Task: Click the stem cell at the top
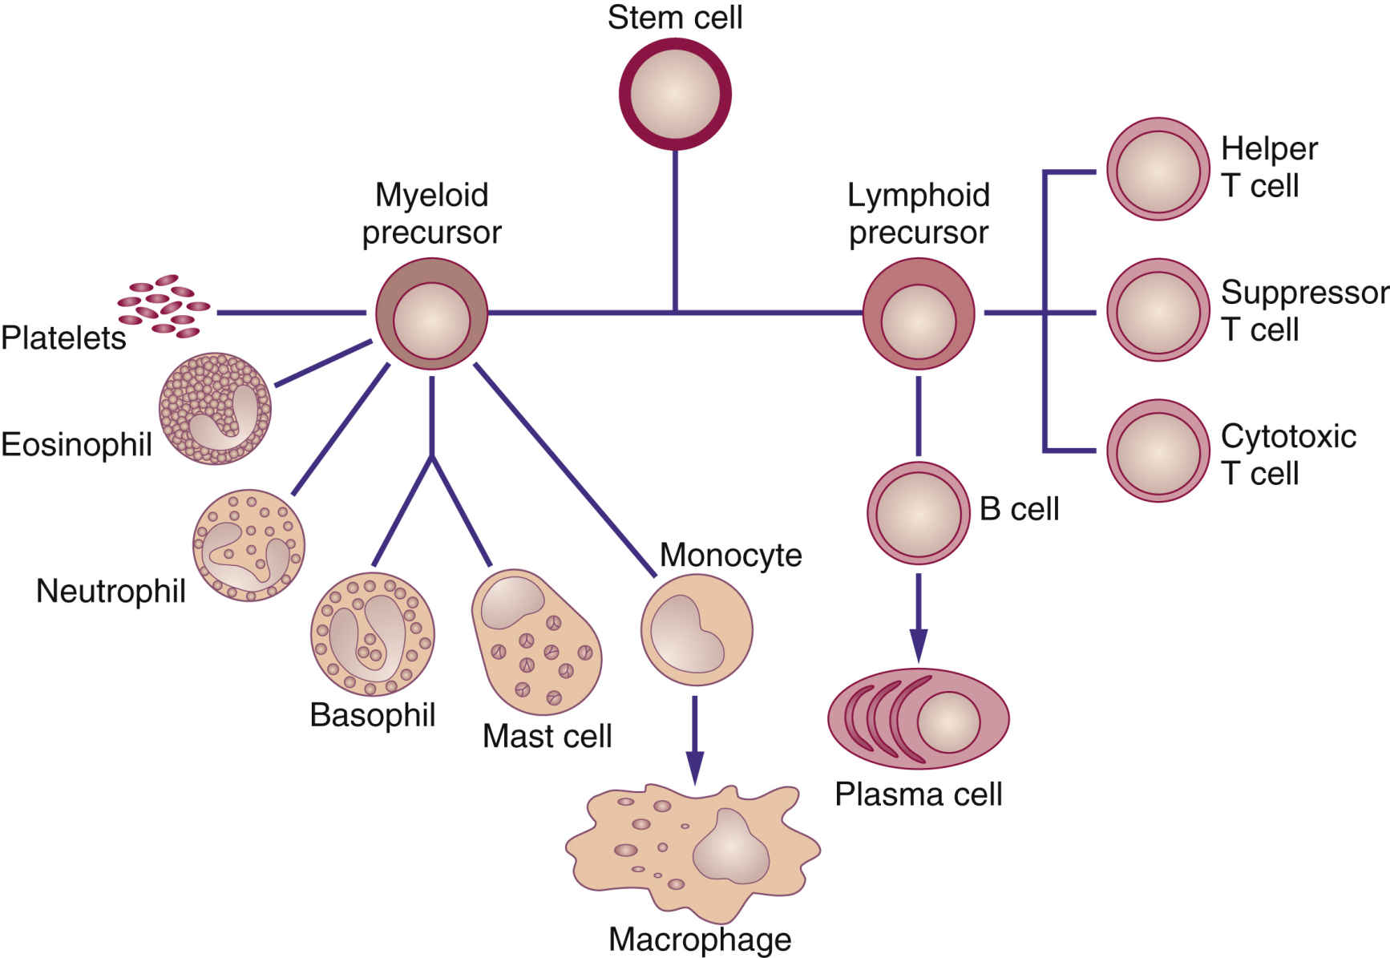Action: click(675, 94)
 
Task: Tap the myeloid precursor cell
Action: click(431, 313)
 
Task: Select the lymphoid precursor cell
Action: click(919, 313)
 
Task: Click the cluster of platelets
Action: click(164, 305)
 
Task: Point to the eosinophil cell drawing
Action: click(215, 409)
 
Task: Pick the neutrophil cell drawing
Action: click(249, 545)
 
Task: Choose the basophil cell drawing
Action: click(372, 634)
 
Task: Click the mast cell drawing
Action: click(535, 641)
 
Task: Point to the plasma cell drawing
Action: click(919, 719)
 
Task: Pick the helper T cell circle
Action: click(1158, 169)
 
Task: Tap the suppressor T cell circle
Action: click(1158, 309)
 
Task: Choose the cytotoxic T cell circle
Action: click(1158, 451)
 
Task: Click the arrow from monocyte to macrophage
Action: click(695, 738)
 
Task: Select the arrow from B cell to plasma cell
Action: click(919, 617)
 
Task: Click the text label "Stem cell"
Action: click(675, 18)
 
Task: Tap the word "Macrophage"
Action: click(700, 939)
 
